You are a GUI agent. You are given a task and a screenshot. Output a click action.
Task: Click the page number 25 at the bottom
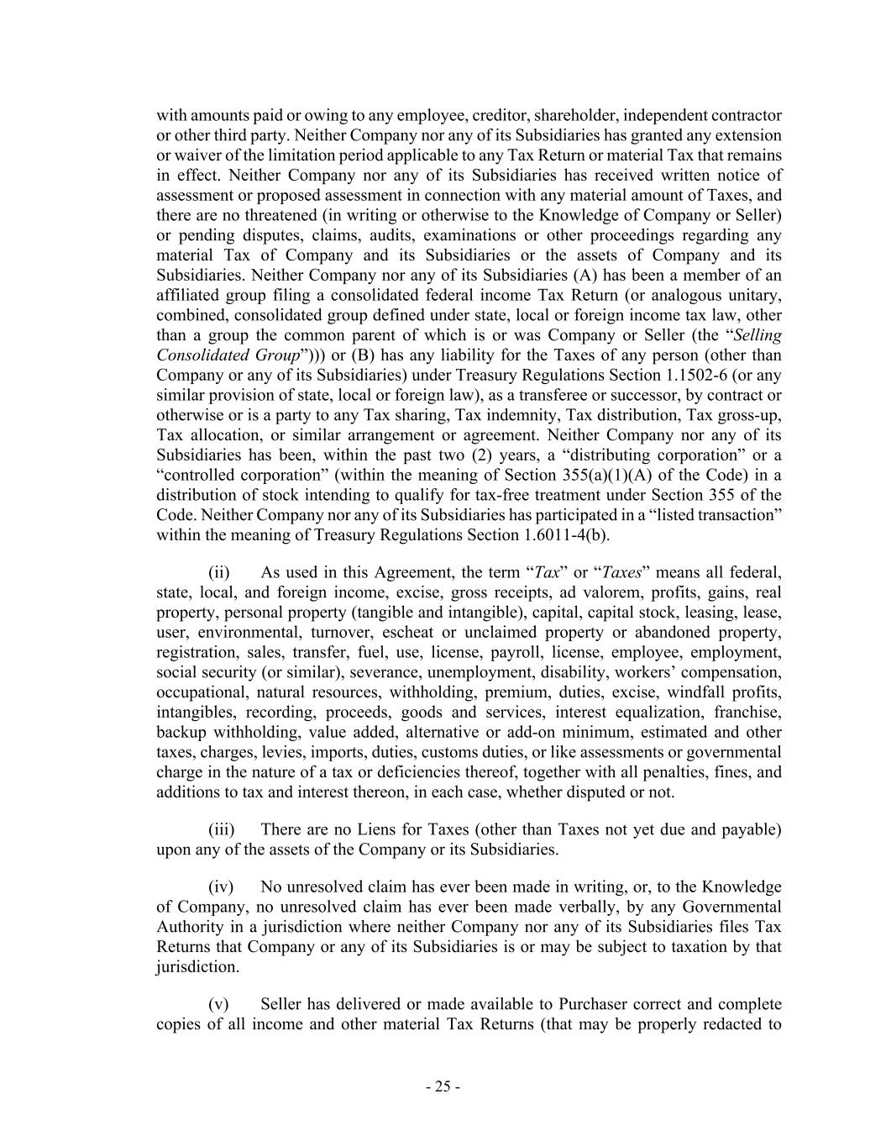[x=443, y=1086]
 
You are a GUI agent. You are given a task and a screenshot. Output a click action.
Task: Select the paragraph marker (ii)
[x=218, y=572]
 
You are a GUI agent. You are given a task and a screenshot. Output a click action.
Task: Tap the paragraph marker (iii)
[x=221, y=829]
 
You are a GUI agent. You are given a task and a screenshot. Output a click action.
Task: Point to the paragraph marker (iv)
[x=221, y=887]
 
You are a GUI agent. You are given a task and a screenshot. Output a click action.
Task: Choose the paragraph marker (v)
[x=218, y=1004]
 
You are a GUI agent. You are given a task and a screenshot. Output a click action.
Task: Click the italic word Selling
[x=758, y=335]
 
